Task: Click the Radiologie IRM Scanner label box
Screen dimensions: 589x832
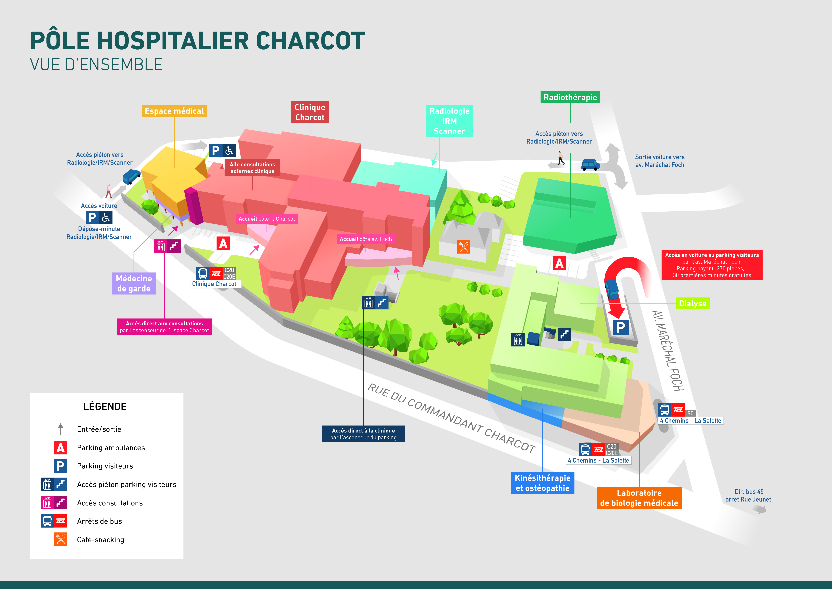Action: point(449,121)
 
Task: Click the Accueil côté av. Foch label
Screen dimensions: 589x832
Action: point(366,239)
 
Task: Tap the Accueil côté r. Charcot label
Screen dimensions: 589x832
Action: point(267,219)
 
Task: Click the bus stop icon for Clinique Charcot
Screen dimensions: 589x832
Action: point(203,273)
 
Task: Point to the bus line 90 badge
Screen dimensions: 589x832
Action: point(690,413)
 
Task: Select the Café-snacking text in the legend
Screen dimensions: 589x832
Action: point(100,540)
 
